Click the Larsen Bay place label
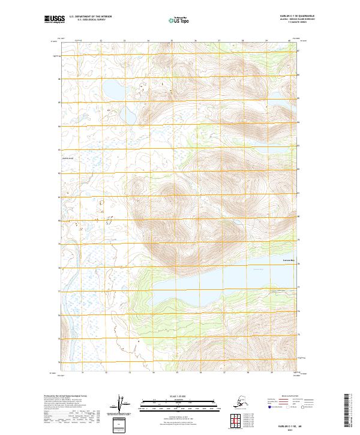coord(290,260)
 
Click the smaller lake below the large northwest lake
coord(128,113)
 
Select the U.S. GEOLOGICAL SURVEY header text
coord(92,21)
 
